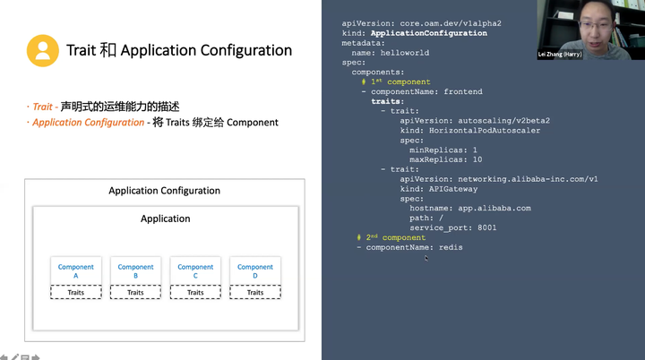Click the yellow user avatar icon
click(42, 50)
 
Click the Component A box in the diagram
click(75, 271)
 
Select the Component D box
click(255, 271)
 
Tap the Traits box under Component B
click(135, 292)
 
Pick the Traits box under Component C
click(195, 292)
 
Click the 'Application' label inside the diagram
click(166, 219)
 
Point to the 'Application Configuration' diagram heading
click(164, 191)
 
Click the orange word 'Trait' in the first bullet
click(43, 107)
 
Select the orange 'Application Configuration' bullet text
click(88, 122)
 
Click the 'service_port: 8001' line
click(452, 227)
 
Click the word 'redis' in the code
click(451, 247)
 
